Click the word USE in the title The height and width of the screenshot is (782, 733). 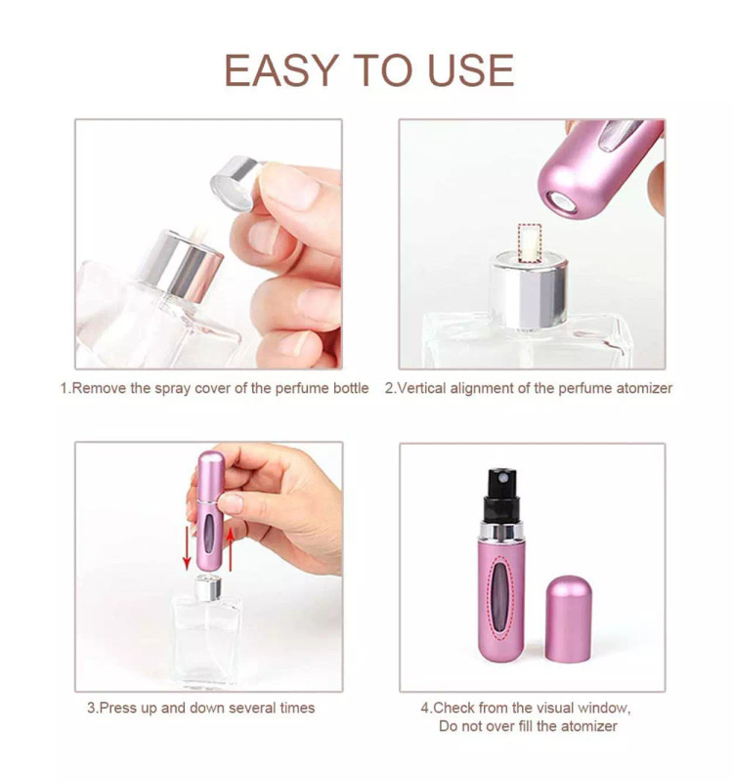(x=471, y=70)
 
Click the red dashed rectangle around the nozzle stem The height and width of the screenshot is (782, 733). (x=530, y=243)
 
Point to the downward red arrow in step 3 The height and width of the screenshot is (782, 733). (x=187, y=546)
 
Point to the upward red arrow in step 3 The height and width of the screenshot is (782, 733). (x=230, y=549)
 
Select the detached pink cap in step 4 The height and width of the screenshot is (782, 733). (x=569, y=619)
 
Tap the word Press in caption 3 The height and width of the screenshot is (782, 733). (x=116, y=708)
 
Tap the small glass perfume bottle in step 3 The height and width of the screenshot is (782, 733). (x=206, y=636)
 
